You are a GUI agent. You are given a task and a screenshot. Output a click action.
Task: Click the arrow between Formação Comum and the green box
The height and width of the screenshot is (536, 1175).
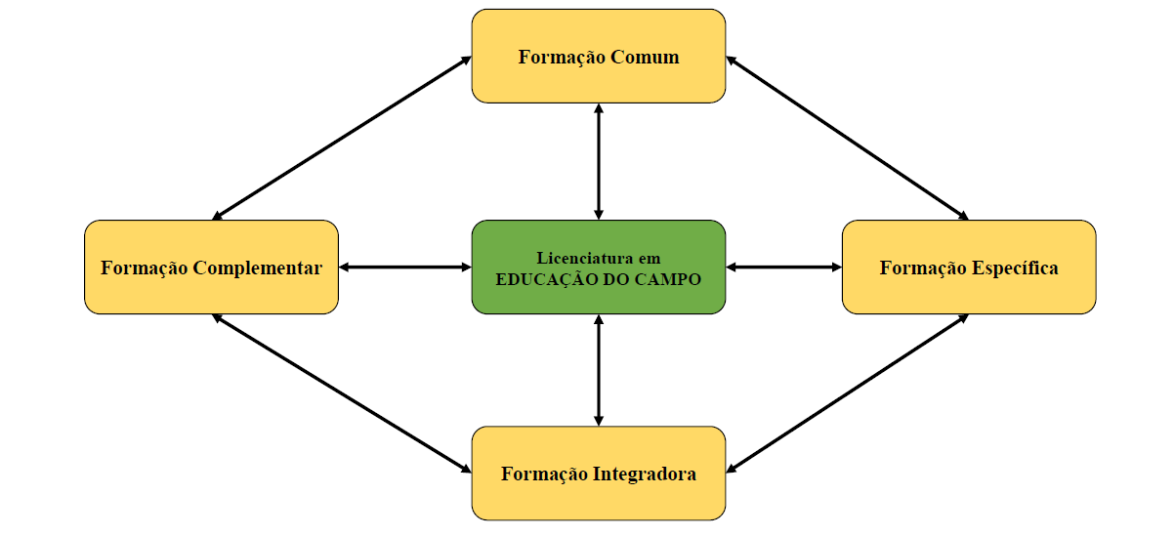click(598, 161)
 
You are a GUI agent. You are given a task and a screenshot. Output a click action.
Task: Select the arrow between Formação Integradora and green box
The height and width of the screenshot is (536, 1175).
click(598, 370)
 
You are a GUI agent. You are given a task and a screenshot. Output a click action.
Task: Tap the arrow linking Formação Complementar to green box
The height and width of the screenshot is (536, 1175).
click(404, 267)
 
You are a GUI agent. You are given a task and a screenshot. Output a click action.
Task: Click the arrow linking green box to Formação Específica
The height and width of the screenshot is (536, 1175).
click(783, 267)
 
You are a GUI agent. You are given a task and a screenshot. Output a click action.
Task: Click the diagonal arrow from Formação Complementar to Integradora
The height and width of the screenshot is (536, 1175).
click(342, 393)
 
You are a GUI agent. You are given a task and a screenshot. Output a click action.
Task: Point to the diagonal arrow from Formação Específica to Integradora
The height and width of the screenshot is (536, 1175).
click(847, 393)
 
